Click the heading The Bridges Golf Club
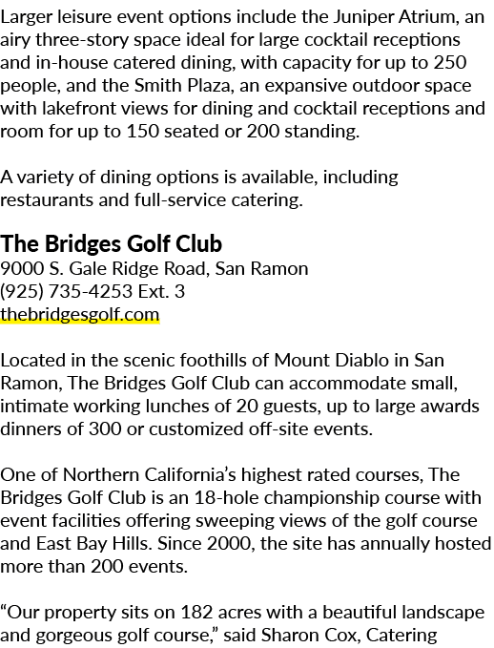pos(112,243)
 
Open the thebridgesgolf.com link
pos(80,315)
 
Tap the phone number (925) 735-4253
pos(66,291)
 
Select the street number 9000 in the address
pos(22,268)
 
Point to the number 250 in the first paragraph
pos(450,62)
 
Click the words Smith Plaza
pos(182,86)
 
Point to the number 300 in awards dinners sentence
pos(105,429)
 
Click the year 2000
pos(231,544)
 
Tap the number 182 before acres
pos(196,613)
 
